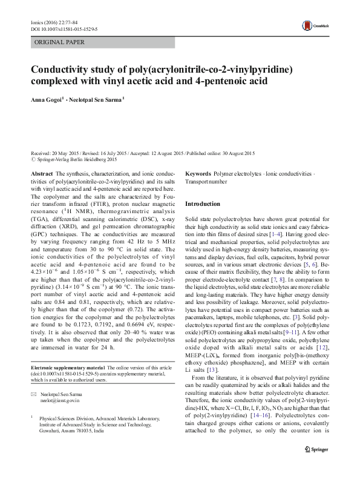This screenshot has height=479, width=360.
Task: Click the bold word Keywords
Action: (198, 173)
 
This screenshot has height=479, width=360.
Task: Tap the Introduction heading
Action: (202, 204)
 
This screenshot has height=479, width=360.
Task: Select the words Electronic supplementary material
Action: (67, 368)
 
